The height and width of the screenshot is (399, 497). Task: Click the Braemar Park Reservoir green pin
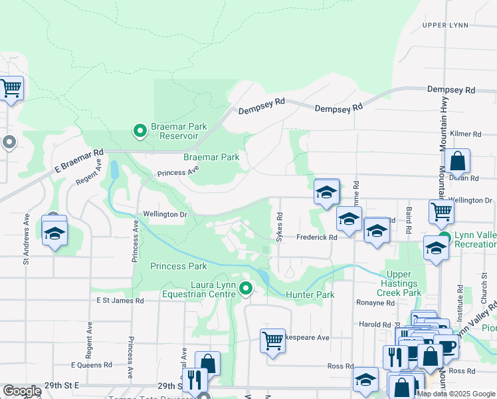140,131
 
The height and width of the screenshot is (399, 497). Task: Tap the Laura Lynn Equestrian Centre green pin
246,289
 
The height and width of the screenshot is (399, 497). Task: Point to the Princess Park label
179,266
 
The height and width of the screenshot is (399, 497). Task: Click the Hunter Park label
310,294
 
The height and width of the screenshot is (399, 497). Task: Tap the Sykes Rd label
280,227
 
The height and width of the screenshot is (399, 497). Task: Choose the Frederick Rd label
316,237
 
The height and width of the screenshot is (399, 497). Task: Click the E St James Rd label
120,301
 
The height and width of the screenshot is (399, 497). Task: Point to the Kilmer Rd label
464,134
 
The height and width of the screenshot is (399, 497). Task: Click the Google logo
21,391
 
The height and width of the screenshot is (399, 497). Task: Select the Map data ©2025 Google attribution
456,394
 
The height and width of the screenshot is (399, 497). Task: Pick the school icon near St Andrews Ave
54,232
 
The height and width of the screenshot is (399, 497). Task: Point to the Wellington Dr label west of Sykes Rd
165,214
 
